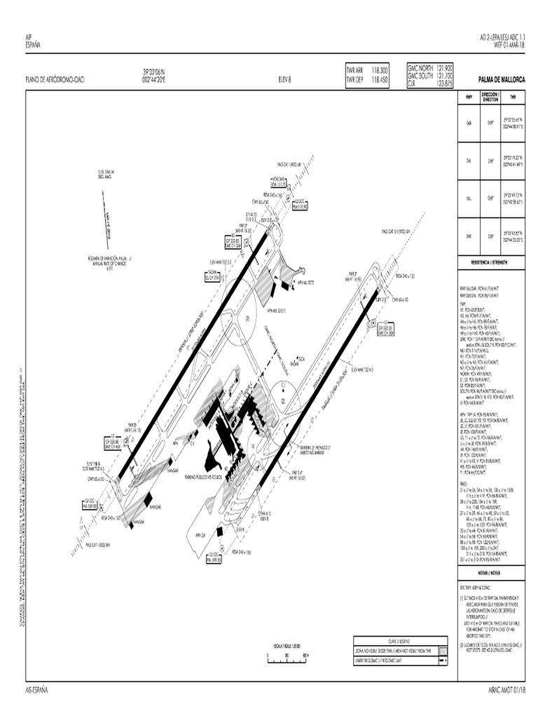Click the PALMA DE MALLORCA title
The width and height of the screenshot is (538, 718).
[x=497, y=79]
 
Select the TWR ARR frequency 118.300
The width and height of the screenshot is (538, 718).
[x=378, y=70]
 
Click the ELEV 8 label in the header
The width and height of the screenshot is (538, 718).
[x=284, y=79]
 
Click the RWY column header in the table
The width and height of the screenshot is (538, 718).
[x=469, y=98]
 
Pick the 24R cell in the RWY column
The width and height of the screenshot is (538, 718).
[x=469, y=236]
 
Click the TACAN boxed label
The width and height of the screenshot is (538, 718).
[x=212, y=276]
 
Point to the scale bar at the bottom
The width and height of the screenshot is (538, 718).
[x=287, y=655]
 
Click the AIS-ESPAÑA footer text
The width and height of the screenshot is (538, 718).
[x=36, y=689]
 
